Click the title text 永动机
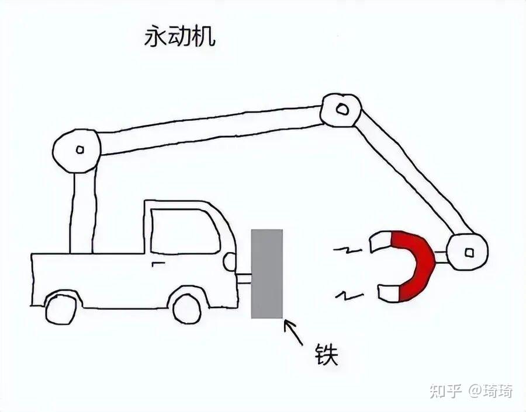179,37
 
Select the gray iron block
267,274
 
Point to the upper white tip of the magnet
380,240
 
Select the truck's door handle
156,264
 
